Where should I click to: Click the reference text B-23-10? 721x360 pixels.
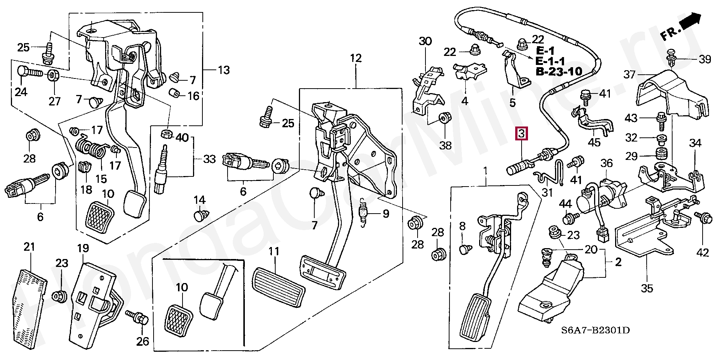pos(559,71)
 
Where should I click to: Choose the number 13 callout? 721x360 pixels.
pos(224,70)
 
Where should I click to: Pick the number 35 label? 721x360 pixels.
pos(647,288)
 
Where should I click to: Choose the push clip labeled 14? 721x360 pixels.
pos(200,215)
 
